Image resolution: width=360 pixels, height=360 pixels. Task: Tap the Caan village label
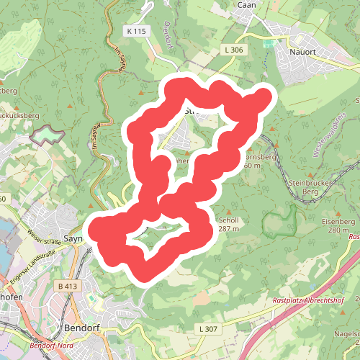click(x=248, y=5)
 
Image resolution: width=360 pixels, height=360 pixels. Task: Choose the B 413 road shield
click(x=66, y=287)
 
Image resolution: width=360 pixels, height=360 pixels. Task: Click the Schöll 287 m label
click(x=228, y=224)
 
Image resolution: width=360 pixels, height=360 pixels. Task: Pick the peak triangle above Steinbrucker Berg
click(x=310, y=174)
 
